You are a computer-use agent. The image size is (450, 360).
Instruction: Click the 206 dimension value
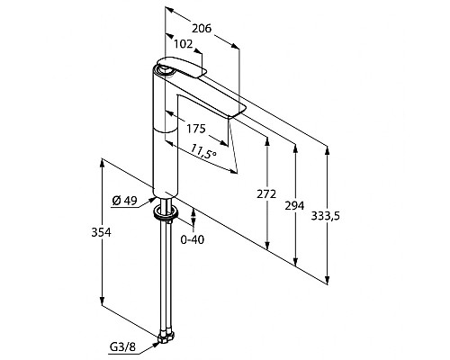(x=202, y=28)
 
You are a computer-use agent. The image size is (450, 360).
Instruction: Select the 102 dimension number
(x=184, y=44)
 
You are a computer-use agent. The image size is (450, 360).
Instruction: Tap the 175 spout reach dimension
(x=196, y=129)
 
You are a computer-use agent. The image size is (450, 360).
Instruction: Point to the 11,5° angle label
(x=204, y=151)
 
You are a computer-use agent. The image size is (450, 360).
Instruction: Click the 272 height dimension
(x=266, y=194)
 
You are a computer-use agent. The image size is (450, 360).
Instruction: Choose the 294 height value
(x=294, y=206)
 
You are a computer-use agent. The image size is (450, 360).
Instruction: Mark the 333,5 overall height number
(x=326, y=216)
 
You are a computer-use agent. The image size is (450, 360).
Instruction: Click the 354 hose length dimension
(x=101, y=232)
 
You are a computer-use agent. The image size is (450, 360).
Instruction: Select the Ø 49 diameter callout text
(x=124, y=201)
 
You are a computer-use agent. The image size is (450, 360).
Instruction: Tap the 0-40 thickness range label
(x=193, y=239)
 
